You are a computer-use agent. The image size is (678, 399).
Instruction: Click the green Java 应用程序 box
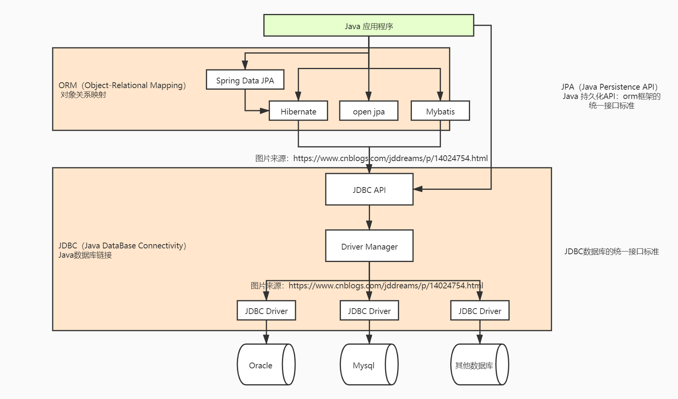[x=368, y=26]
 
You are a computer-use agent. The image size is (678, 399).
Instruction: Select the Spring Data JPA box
[x=245, y=80]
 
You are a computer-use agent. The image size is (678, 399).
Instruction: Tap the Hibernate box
[x=298, y=111]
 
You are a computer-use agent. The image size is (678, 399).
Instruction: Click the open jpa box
[x=368, y=111]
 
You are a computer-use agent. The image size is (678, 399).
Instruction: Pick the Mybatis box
[x=440, y=111]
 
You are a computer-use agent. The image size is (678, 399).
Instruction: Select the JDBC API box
[x=369, y=189]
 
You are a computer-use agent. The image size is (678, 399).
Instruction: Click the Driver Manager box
[x=369, y=246]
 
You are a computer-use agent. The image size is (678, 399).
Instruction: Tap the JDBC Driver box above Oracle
[x=266, y=311]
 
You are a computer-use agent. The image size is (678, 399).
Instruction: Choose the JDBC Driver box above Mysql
[x=369, y=311]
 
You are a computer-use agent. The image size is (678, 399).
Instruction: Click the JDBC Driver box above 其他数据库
[x=479, y=311]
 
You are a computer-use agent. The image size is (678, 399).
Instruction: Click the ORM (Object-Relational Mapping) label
[x=122, y=85]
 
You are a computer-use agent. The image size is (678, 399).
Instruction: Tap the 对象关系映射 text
[x=83, y=95]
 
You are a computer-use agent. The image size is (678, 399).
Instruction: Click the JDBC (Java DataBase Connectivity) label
[x=122, y=246]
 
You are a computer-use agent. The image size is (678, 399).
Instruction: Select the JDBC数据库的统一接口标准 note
[x=611, y=252]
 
